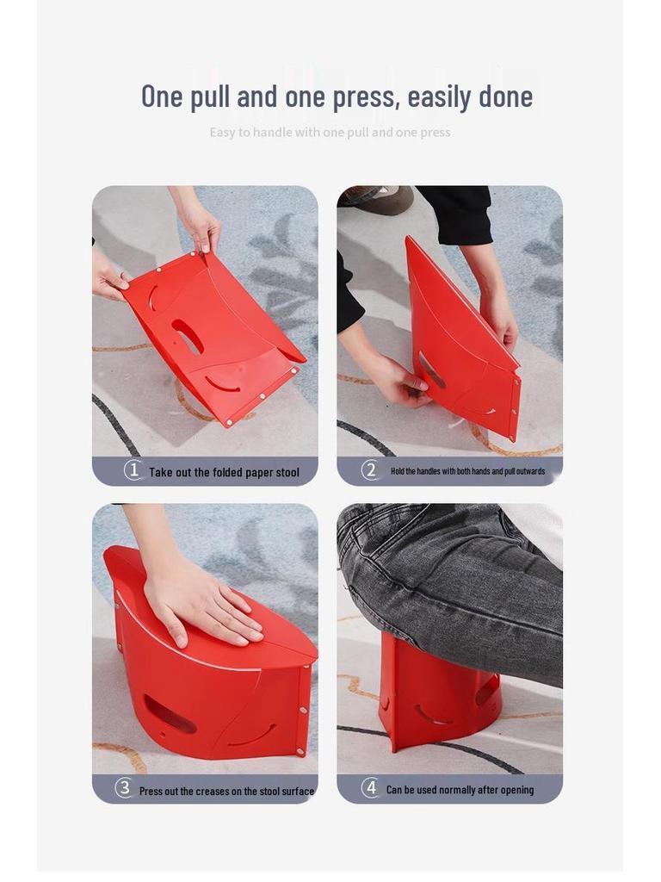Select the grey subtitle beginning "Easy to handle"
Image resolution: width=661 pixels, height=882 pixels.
pos(330,133)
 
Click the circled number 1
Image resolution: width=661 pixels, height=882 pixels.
pos(133,470)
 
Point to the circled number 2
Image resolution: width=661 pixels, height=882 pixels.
pos(370,470)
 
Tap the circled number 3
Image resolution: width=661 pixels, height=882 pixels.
pos(124,788)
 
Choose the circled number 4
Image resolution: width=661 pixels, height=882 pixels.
pos(370,788)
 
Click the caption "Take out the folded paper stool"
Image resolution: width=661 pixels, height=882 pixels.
pos(224,472)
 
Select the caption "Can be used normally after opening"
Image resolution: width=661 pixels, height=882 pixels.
pos(460,790)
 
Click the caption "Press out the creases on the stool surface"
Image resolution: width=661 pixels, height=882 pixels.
pos(226,791)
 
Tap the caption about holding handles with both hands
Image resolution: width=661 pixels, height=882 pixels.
pos(467,472)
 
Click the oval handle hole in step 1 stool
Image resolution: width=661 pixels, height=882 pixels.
pos(187,335)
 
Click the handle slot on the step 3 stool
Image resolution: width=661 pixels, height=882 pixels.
pos(169,714)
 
